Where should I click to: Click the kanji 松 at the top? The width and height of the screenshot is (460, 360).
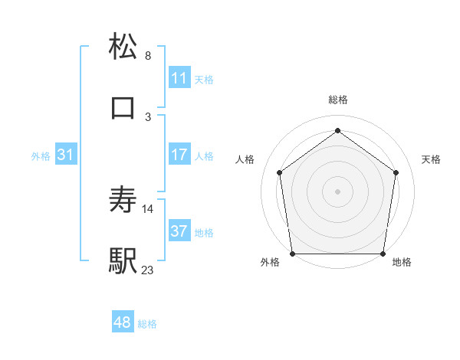[123, 47]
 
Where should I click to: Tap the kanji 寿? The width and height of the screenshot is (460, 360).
[123, 201]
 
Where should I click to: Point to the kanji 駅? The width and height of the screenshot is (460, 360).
[123, 260]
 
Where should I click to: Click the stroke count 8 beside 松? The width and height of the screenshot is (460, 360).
[148, 56]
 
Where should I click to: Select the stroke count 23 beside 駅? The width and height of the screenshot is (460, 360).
[148, 269]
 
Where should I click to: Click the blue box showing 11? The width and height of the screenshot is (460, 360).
[179, 77]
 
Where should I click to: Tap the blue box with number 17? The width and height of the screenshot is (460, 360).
[179, 155]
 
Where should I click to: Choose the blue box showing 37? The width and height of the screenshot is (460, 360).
[179, 231]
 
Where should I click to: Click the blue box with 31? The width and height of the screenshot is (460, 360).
[66, 155]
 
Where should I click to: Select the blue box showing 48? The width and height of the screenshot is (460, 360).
[123, 322]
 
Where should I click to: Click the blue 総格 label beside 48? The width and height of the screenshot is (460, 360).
[147, 324]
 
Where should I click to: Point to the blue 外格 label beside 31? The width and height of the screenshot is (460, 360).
[41, 156]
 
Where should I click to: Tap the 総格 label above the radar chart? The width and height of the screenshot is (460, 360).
[337, 100]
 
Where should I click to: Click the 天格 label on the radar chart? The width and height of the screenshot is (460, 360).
[431, 159]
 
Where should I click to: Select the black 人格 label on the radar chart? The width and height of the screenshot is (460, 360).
[245, 159]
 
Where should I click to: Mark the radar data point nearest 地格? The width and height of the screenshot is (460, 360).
[383, 254]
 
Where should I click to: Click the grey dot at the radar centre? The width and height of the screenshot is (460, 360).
[337, 191]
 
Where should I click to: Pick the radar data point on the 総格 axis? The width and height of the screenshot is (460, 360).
[337, 131]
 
